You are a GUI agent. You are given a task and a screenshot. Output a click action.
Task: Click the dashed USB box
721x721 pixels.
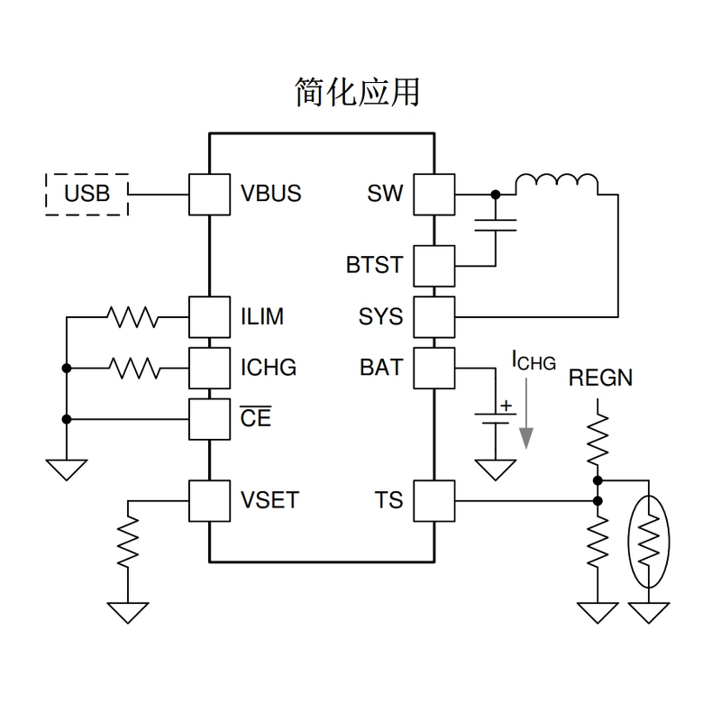point(87,194)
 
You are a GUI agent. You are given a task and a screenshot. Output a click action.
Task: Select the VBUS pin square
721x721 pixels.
point(209,194)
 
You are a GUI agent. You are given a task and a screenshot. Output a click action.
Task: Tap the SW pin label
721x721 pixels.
point(386,194)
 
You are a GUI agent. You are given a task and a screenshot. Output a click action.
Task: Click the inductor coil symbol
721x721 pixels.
point(556,184)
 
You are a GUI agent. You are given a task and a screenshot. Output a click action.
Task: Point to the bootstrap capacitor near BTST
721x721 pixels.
point(495,224)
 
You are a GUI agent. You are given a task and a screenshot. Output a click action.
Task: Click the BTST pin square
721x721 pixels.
point(434,265)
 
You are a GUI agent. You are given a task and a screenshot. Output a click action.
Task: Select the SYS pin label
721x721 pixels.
point(381,317)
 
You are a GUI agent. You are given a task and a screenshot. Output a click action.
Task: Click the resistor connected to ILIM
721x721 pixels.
point(132,317)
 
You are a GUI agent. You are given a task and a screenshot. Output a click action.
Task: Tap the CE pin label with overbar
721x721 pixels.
point(255,419)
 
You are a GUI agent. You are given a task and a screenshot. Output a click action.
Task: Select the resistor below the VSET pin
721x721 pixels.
point(128,541)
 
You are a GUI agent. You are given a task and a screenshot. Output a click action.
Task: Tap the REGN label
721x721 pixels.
point(601,377)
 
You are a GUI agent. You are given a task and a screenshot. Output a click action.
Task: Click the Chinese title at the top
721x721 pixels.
point(358,92)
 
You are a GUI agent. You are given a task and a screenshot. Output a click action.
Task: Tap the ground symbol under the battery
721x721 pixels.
point(495,470)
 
